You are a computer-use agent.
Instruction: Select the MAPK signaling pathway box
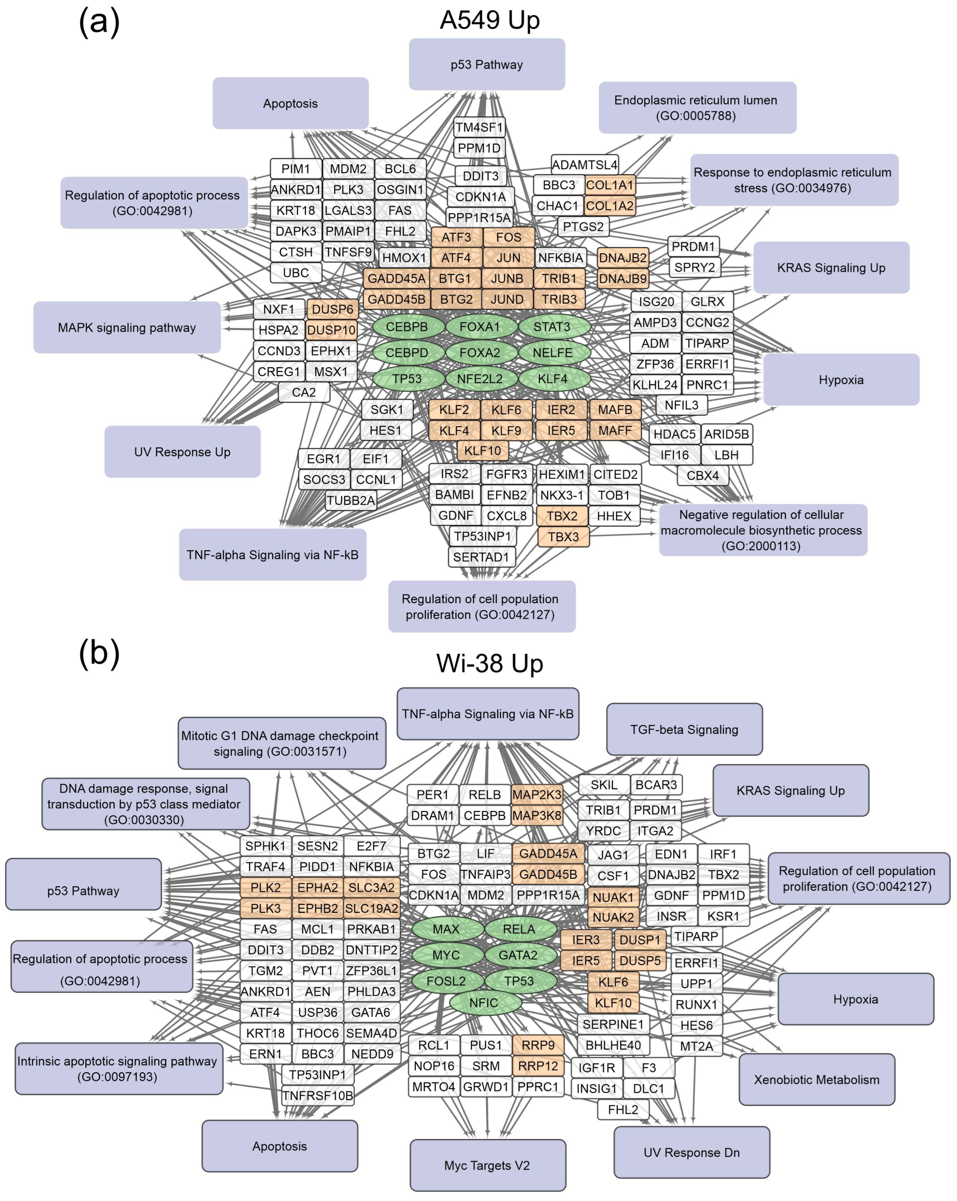click(127, 328)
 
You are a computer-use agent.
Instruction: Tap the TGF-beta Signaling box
click(684, 729)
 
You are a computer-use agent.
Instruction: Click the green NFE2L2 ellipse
click(480, 379)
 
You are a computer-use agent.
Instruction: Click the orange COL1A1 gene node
click(609, 185)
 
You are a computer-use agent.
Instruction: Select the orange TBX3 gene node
click(563, 537)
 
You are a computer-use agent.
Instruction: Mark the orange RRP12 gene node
click(538, 1066)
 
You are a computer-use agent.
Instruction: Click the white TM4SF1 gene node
click(479, 127)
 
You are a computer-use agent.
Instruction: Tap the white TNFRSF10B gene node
click(317, 1096)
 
